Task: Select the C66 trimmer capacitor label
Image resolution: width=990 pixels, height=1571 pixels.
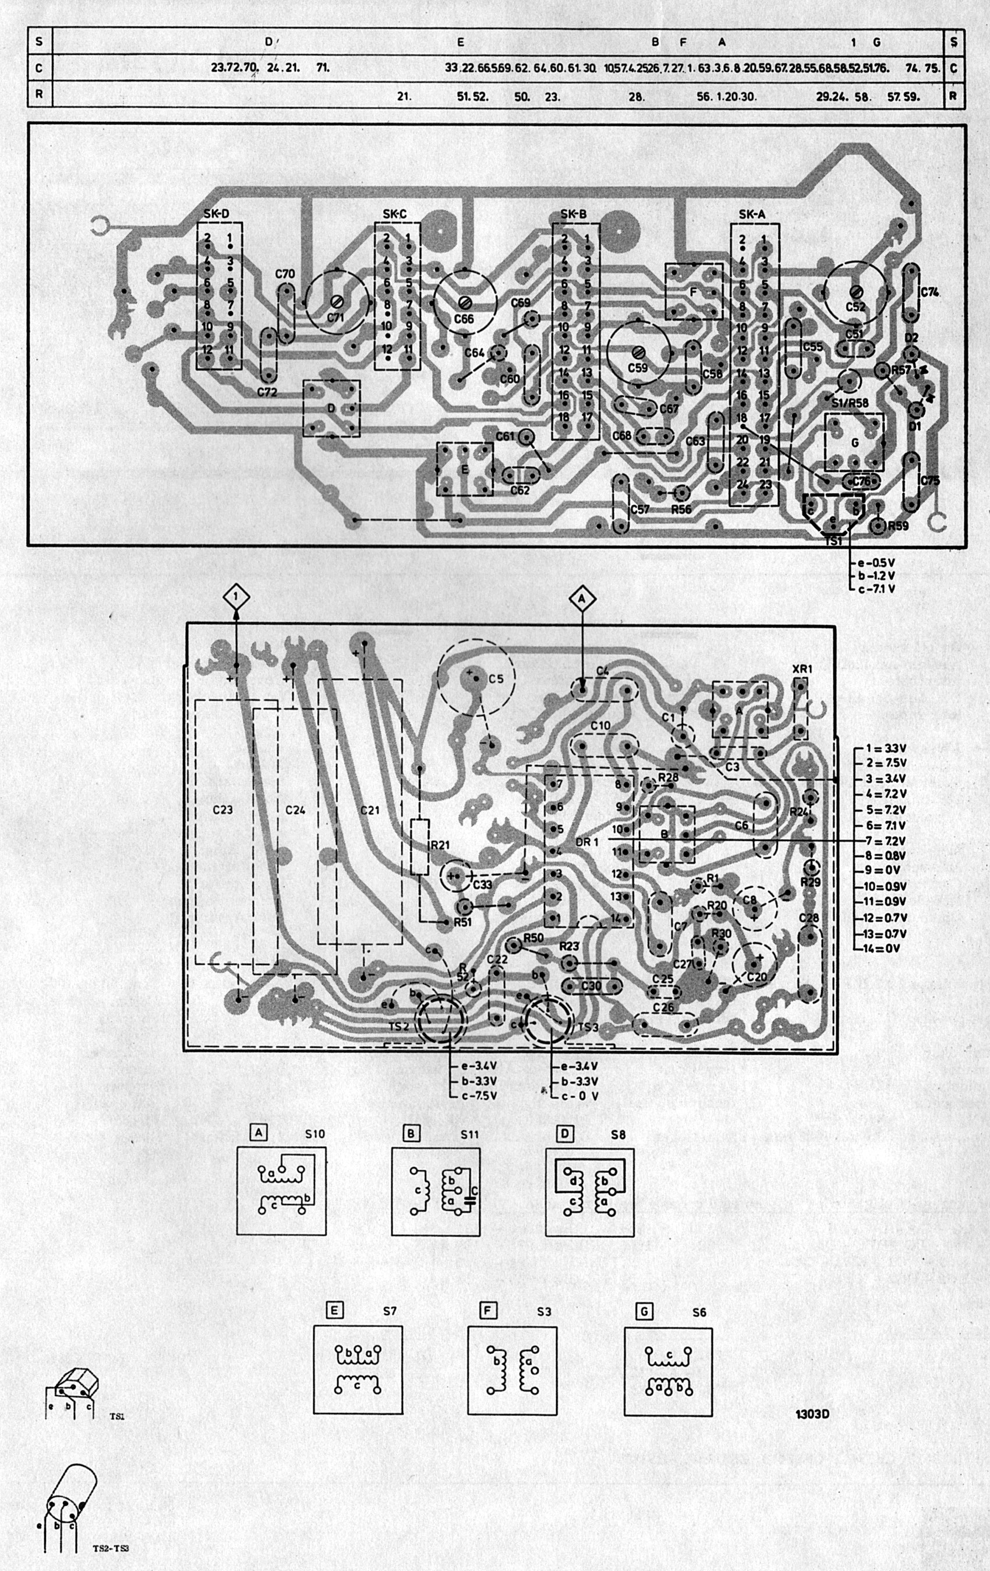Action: click(464, 319)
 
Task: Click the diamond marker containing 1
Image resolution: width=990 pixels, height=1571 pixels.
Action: click(237, 596)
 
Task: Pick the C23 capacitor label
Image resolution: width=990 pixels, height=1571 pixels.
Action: click(223, 809)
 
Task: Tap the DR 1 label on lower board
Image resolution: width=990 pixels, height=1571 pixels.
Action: click(587, 841)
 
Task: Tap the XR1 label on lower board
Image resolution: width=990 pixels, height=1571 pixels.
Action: click(801, 670)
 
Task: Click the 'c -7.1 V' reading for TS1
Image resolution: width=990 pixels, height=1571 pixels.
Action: click(878, 589)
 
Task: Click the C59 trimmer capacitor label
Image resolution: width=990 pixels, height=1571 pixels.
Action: click(638, 368)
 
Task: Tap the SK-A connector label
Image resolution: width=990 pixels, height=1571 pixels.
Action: click(752, 214)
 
